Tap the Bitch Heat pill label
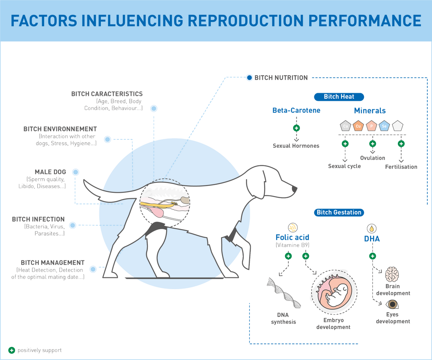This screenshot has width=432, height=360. coord(339,97)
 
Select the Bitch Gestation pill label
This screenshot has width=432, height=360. coord(339,212)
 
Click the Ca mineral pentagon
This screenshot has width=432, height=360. coord(345,126)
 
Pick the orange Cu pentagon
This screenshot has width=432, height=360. coord(359,126)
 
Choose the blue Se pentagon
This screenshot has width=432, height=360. coord(384,126)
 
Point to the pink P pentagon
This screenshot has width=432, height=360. coord(372,126)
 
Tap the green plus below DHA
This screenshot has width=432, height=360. coord(372,256)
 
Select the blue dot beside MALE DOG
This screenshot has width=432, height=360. coord(76,172)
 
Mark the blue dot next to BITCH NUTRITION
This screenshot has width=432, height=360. coord(249,77)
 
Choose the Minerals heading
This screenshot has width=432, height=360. coord(370,110)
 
